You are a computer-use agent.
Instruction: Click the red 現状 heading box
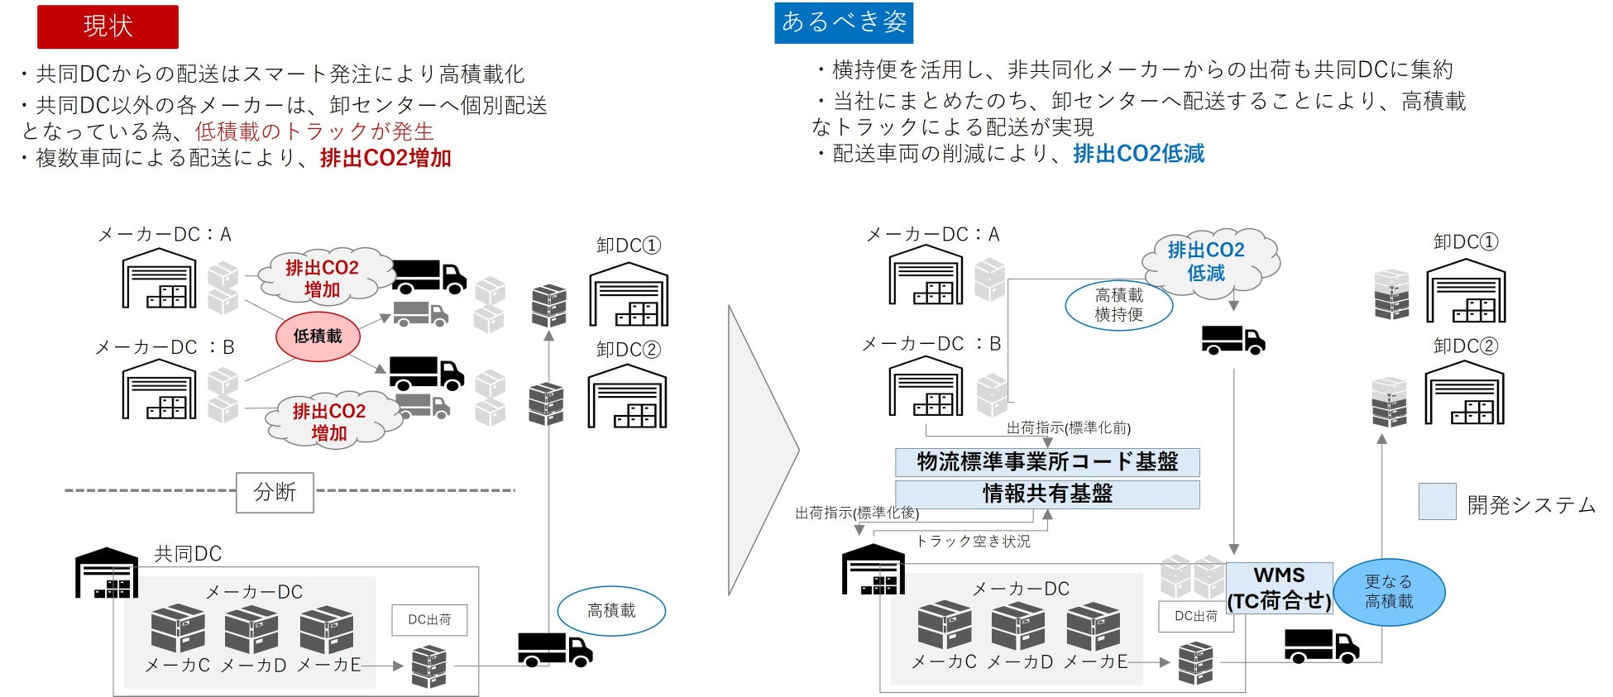pos(108,26)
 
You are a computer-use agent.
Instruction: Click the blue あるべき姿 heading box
pos(844,23)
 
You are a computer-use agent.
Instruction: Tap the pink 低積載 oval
pos(318,337)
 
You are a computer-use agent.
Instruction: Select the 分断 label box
pos(275,492)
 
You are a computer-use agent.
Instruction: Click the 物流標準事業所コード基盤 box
pos(1047,462)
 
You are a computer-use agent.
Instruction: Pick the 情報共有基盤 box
pos(1047,494)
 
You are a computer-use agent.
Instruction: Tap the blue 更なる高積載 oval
pos(1389,592)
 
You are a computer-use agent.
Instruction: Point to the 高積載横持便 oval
pos(1119,305)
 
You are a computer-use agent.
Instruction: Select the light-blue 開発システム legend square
pos(1437,502)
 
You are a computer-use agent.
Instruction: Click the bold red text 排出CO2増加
pos(385,158)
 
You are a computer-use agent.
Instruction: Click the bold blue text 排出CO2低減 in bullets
pos(1139,154)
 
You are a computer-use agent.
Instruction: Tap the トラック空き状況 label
pos(974,542)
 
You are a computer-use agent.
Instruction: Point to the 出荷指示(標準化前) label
pos(1068,427)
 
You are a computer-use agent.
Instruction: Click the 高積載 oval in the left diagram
pos(611,611)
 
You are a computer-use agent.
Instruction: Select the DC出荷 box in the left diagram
pos(429,620)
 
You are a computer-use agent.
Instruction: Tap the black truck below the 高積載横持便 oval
pos(1233,340)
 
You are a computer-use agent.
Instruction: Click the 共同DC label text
pos(188,554)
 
